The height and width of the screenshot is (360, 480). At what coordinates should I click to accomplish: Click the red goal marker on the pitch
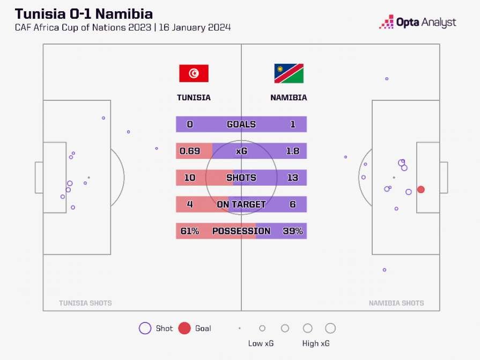[x=421, y=189]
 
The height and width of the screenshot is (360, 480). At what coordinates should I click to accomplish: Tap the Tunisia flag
[x=194, y=74]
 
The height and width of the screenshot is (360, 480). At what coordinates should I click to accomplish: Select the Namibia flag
[x=289, y=74]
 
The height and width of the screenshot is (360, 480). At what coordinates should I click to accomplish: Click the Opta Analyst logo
[x=418, y=22]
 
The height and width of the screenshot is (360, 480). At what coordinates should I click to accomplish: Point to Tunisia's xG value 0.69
[x=190, y=151]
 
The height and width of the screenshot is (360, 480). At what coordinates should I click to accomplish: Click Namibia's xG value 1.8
[x=292, y=151]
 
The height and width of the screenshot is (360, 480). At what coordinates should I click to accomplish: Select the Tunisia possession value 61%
[x=190, y=231]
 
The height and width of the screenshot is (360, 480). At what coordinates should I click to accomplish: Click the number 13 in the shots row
[x=292, y=178]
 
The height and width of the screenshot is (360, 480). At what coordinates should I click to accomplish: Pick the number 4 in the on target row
[x=190, y=204]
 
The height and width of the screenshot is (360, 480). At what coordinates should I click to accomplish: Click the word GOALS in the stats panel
[x=241, y=124]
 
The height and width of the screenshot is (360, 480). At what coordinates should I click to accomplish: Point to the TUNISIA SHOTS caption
[x=85, y=303]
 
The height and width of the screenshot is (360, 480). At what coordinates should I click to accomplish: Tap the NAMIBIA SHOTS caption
[x=396, y=303]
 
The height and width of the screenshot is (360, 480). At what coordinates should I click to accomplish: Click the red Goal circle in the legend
[x=184, y=328]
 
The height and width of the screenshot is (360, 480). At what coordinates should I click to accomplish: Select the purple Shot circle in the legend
[x=145, y=328]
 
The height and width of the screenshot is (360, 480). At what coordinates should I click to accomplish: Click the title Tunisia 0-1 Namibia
[x=84, y=13]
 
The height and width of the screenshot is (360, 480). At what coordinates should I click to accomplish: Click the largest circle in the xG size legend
[x=330, y=328]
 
